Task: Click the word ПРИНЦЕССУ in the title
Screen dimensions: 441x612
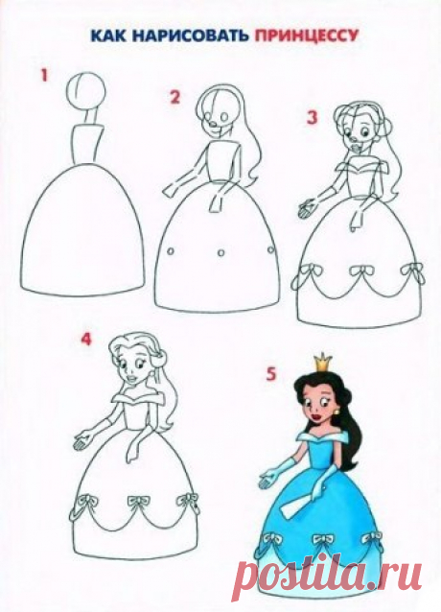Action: (x=306, y=36)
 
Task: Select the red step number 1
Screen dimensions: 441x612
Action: (x=44, y=75)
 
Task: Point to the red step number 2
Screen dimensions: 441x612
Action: (x=175, y=97)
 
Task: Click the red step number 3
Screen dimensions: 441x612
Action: (x=312, y=117)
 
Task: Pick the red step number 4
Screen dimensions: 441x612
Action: (x=85, y=339)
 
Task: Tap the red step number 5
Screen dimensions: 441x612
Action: (x=270, y=374)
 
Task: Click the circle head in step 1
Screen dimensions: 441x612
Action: (x=85, y=91)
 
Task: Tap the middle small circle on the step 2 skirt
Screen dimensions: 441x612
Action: (x=220, y=252)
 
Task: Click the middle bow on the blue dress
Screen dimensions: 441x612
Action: (x=323, y=540)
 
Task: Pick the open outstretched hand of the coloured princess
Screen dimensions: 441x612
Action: (x=267, y=482)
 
